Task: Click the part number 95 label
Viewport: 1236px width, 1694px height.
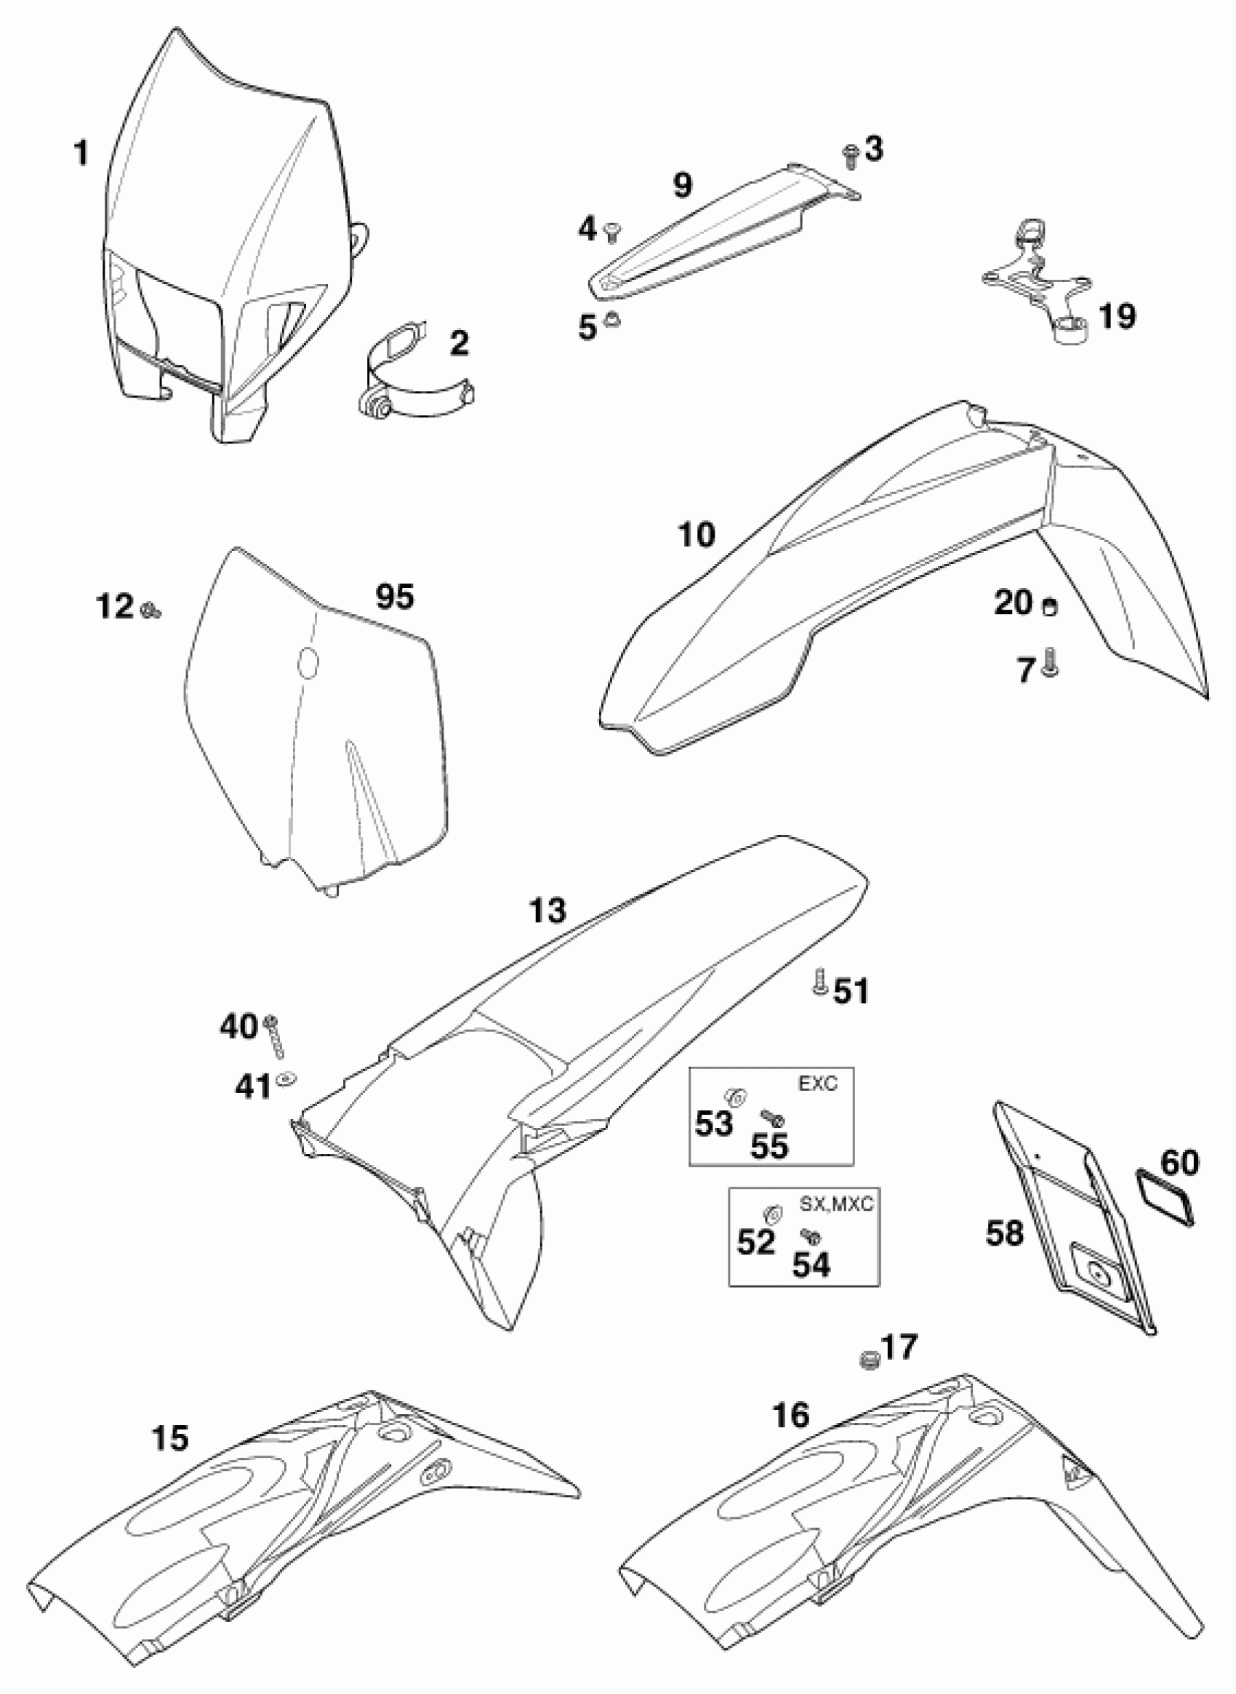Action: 394,596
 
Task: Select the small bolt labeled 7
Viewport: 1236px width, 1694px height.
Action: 1051,663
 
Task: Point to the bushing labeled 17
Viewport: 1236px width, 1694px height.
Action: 869,1360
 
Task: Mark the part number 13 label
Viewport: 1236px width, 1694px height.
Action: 548,911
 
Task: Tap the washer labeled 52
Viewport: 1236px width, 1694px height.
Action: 771,1211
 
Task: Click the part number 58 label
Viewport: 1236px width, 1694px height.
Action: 1004,1232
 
